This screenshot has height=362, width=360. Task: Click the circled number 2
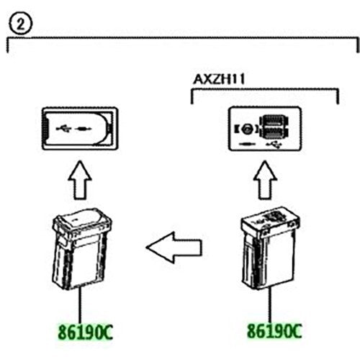(20, 24)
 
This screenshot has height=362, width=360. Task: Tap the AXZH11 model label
(219, 79)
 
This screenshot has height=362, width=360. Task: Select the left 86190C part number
(85, 332)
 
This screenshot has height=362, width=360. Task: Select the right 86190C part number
(274, 331)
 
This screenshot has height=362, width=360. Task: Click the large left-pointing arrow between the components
(174, 248)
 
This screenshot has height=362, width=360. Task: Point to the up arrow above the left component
(80, 180)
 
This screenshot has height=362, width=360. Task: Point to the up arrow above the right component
(265, 180)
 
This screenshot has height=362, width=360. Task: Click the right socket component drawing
(270, 248)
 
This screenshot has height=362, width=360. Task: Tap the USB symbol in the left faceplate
(63, 129)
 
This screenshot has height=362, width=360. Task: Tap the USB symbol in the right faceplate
(275, 145)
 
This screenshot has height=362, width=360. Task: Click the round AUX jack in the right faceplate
(247, 130)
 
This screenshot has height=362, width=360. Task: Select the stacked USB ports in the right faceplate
(274, 128)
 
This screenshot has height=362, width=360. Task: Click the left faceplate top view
(80, 129)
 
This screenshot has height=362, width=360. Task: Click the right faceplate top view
(265, 129)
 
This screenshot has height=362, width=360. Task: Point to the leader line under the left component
(80, 306)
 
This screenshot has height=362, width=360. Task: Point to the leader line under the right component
(271, 304)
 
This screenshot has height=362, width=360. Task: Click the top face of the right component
(271, 218)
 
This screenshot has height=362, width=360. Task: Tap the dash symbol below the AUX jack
(247, 144)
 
